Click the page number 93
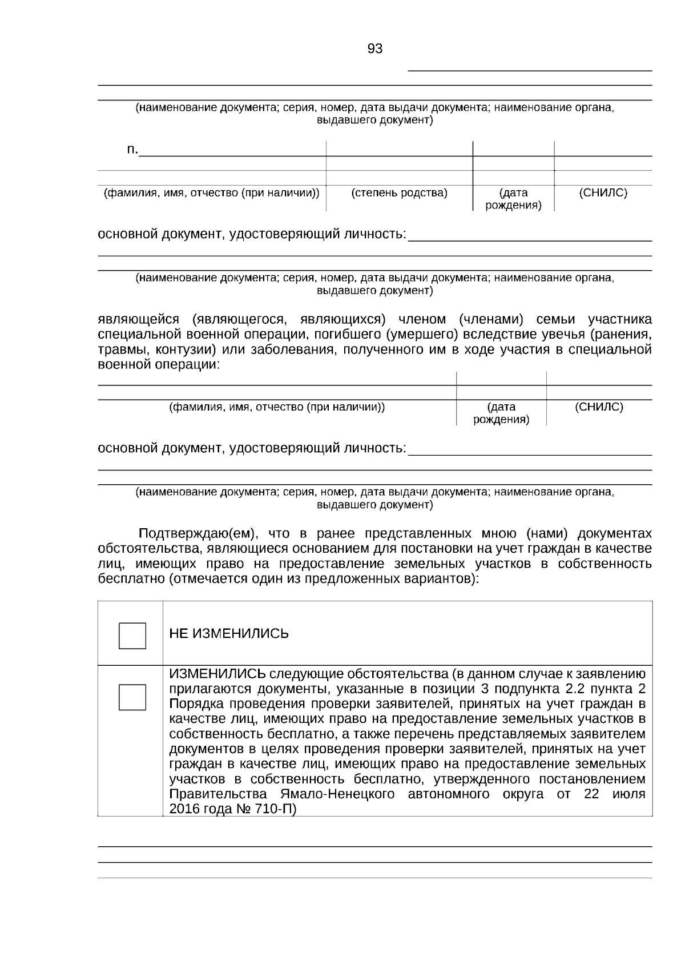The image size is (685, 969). click(x=375, y=49)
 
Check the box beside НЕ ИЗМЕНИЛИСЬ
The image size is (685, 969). click(x=132, y=636)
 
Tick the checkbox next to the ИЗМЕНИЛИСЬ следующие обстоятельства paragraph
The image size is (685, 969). click(x=132, y=697)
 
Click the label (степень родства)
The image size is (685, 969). click(x=399, y=193)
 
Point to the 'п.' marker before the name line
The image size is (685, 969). click(x=132, y=150)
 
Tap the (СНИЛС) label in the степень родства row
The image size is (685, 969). click(x=603, y=193)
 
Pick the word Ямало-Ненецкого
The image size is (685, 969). click(x=337, y=794)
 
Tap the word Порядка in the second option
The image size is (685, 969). click(x=194, y=703)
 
